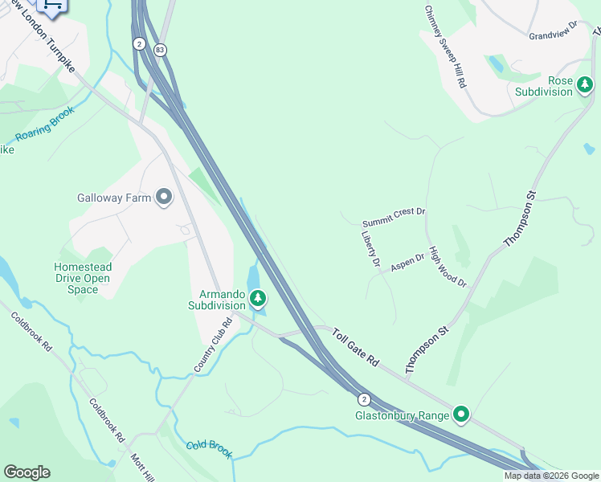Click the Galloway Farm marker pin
[x=164, y=197]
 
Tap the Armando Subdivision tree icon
[x=258, y=300]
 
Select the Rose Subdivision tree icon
[x=586, y=84]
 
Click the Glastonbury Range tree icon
[x=461, y=415]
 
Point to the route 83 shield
[x=161, y=49]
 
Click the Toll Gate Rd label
[x=354, y=347]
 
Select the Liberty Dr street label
[x=370, y=249]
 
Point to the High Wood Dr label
[x=448, y=266]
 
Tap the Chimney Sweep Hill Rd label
[x=446, y=47]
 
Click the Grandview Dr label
[x=554, y=31]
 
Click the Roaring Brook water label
[x=45, y=125]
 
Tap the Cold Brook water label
[x=209, y=449]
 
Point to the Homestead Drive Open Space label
[x=83, y=278]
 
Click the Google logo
[x=27, y=472]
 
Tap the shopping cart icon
[x=52, y=6]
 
